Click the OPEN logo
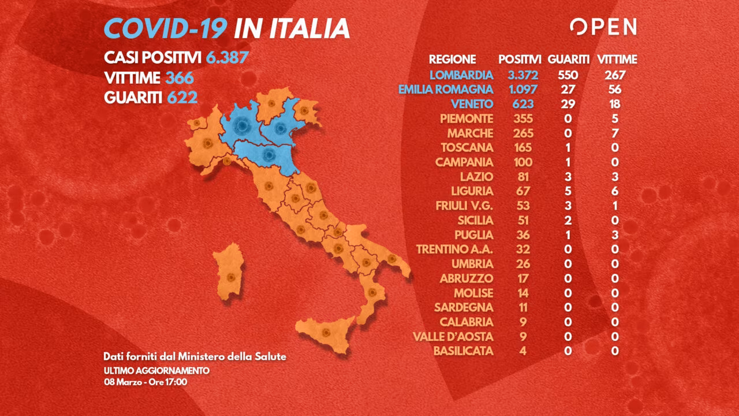click(x=603, y=27)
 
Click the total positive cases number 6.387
click(x=227, y=58)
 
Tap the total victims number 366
click(x=180, y=78)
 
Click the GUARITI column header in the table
click(x=569, y=60)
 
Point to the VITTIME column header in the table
click(x=617, y=60)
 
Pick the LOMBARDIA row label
click(x=461, y=75)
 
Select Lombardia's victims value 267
click(x=614, y=75)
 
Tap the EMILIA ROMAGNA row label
click(x=446, y=90)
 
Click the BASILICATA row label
click(x=465, y=351)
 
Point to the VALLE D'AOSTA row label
click(x=453, y=336)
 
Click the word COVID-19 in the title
click(x=165, y=28)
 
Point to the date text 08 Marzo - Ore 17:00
click(x=145, y=381)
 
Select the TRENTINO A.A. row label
click(x=455, y=249)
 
